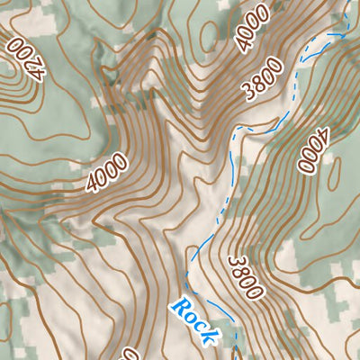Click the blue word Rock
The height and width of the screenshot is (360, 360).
point(194,321)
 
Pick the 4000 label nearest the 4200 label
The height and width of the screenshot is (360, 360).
point(106,174)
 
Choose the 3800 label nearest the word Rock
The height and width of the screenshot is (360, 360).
point(244,277)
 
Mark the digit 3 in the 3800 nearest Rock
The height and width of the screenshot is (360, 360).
point(233,262)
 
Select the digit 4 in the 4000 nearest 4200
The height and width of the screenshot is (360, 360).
point(93,186)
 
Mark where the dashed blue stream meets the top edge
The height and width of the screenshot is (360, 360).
point(345,3)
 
